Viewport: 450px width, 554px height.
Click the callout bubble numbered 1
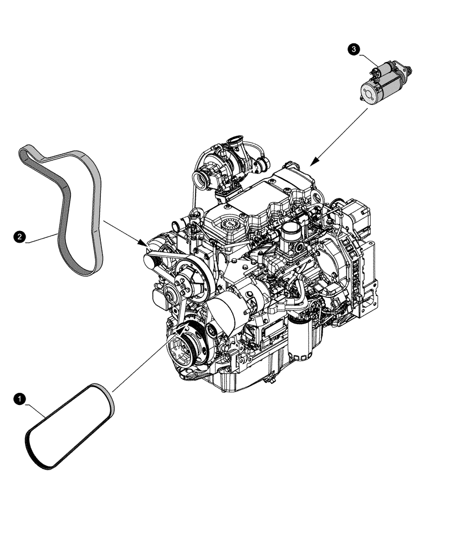click(x=19, y=398)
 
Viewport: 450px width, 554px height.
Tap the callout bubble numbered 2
click(x=19, y=237)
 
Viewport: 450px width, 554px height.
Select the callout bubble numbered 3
click(x=352, y=50)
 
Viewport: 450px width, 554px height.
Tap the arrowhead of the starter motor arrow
click(x=313, y=163)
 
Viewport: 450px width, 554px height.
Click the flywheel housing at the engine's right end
click(x=355, y=260)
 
